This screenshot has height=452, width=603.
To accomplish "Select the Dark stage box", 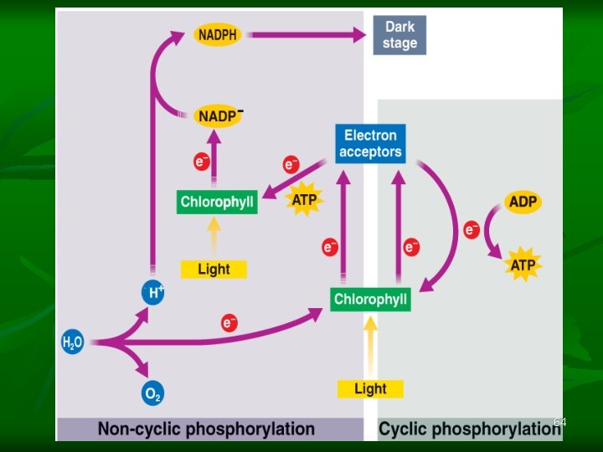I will (x=399, y=35).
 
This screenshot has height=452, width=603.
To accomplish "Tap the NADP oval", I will (x=218, y=115).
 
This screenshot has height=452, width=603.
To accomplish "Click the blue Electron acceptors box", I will (x=370, y=143).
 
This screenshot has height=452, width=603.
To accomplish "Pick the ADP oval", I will (x=523, y=202).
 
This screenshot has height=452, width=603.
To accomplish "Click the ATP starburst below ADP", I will (x=523, y=265).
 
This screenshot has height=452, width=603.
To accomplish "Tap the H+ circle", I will (x=153, y=292).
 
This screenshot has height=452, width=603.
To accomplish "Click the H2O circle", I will (x=73, y=342).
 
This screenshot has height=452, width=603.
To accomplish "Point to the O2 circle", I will (x=152, y=393).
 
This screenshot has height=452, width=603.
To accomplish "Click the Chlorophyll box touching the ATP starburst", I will (x=217, y=203).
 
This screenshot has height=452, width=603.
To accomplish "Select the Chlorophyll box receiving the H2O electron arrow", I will (x=370, y=299).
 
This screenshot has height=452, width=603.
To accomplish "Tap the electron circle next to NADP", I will (x=202, y=162).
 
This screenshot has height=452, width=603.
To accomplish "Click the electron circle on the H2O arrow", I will (x=229, y=322).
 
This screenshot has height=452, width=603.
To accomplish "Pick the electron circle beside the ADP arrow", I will (x=472, y=229).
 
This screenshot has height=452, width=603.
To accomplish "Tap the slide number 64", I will (x=560, y=423).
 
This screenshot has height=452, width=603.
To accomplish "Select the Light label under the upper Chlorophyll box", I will (x=214, y=269).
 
